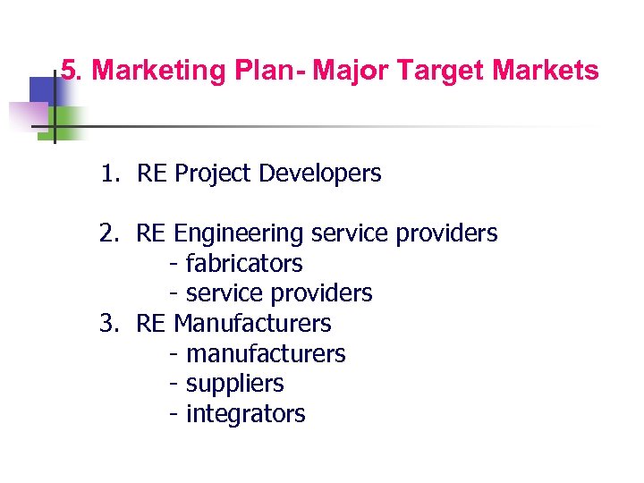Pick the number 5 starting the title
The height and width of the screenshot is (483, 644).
click(68, 72)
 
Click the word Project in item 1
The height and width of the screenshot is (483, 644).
click(214, 174)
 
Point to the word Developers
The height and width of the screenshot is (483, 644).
click(319, 174)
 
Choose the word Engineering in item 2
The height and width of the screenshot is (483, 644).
click(239, 233)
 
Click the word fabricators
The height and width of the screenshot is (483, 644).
click(244, 264)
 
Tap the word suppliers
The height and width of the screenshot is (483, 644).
click(234, 384)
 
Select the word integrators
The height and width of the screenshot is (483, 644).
click(245, 414)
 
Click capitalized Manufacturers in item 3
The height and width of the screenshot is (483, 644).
click(252, 323)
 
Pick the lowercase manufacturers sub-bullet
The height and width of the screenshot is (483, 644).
click(266, 354)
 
